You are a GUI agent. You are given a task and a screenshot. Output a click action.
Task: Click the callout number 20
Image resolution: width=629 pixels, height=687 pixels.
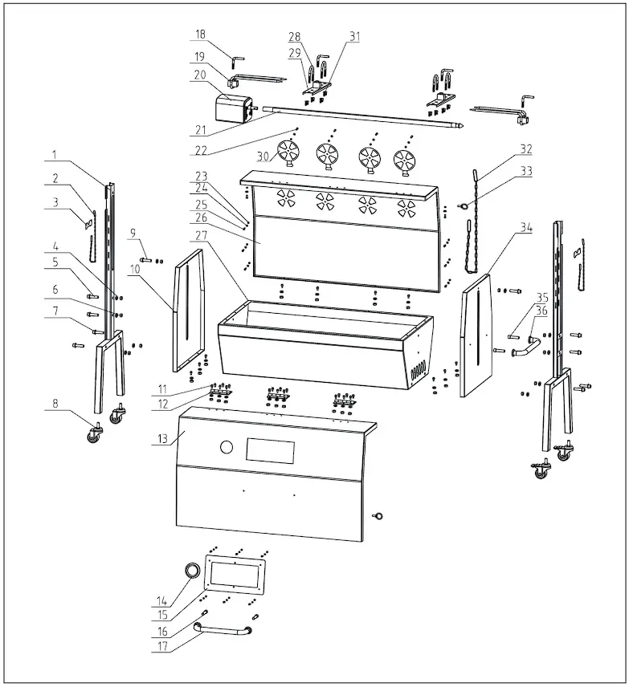tap(200, 75)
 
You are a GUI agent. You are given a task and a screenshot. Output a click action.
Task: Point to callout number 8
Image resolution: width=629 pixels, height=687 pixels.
tap(55, 405)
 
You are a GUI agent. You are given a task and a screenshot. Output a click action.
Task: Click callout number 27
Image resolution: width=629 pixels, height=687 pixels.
tap(200, 234)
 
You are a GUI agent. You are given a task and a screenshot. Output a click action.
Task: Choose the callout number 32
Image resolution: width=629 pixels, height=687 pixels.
tap(526, 149)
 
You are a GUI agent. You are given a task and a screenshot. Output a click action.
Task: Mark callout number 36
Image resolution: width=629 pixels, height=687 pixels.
tap(542, 311)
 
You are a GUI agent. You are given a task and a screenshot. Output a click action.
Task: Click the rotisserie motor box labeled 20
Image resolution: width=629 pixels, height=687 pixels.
tap(232, 107)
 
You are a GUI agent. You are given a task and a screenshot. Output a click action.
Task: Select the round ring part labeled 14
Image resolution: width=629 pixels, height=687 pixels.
tap(192, 570)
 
